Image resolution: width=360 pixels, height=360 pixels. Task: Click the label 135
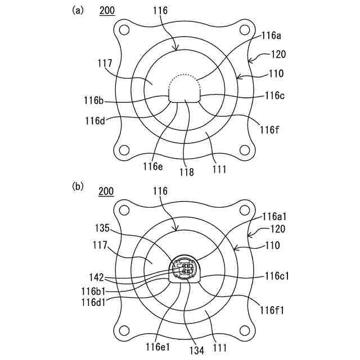coord(105,229)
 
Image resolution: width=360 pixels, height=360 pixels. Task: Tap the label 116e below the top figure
coord(152,166)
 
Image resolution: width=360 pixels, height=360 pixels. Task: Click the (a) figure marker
coord(78,10)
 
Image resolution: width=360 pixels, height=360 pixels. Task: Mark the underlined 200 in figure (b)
coord(106,191)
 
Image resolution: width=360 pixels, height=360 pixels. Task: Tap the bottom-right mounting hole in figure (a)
coord(244,150)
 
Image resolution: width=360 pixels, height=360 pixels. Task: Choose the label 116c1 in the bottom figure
coord(278,276)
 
